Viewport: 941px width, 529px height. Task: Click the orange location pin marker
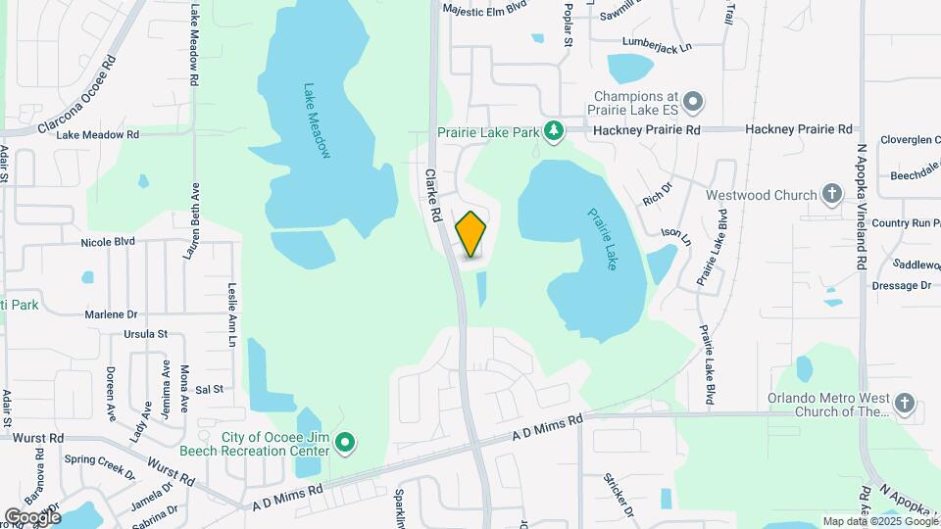pos(471,234)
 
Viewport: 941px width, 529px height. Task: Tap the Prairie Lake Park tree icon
pos(554,130)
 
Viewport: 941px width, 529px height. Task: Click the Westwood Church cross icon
pos(832,194)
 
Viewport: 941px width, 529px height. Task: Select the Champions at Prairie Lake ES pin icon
pos(694,100)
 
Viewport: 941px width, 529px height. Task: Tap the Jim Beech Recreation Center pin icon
pos(344,444)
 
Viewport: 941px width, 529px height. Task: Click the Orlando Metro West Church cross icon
pos(904,403)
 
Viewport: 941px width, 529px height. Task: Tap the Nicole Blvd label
pos(108,240)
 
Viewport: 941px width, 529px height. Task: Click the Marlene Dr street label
pos(111,314)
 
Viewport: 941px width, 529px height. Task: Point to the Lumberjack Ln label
pos(657,44)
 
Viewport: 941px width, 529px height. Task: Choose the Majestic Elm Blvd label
pos(485,6)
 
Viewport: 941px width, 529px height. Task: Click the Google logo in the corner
pos(31,516)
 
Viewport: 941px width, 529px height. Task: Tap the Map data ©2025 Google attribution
pos(879,521)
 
